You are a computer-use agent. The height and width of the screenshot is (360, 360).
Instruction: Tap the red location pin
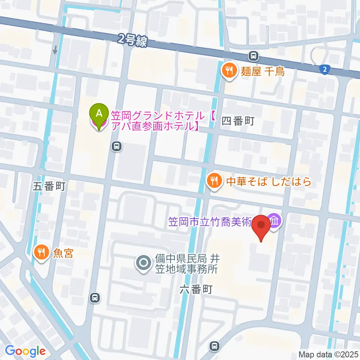coord(261,227)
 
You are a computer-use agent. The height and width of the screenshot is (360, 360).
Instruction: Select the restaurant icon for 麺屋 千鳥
coord(228,70)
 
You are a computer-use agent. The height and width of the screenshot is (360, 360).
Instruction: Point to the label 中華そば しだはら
coord(268,182)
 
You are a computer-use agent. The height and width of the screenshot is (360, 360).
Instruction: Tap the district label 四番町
coord(238,121)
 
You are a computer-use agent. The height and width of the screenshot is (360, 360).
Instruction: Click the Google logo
coord(25,351)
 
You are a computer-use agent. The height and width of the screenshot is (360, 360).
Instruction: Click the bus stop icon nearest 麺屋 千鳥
coord(254,56)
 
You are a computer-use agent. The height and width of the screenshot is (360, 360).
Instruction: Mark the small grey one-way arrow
coord(55,50)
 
